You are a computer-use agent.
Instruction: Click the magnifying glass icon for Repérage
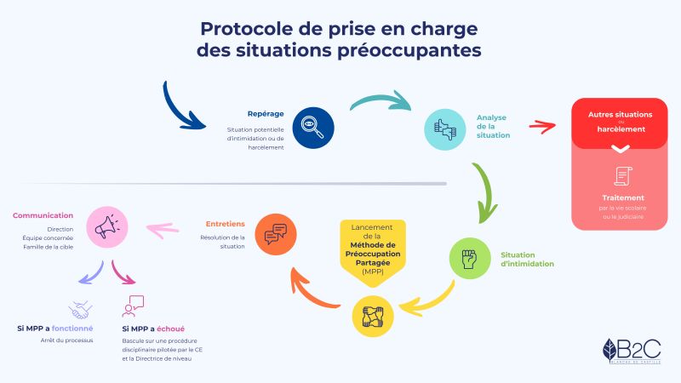pos(312,128)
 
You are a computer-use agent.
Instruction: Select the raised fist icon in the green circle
pos(469,259)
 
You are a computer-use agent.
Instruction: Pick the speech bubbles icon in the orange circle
pos(277,234)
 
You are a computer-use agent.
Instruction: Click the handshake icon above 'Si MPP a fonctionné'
pos(81,306)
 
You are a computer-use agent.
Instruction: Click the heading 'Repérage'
pos(266,114)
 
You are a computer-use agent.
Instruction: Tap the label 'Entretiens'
pos(225,224)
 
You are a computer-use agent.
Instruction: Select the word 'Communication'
pos(43,215)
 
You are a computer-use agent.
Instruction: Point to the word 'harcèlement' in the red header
pos(620,129)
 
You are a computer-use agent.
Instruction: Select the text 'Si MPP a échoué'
pos(153,329)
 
